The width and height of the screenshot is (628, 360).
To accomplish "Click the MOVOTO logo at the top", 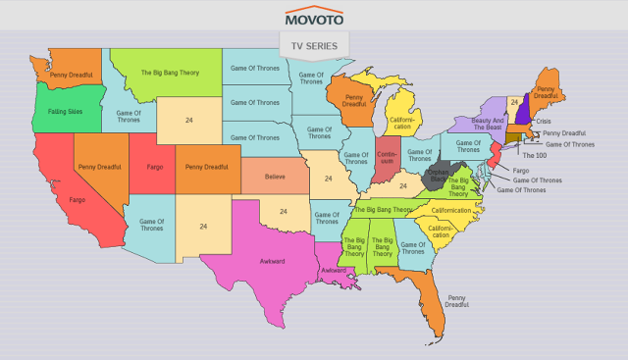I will pos(313,18).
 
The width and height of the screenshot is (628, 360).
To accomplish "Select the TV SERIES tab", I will pos(313,46).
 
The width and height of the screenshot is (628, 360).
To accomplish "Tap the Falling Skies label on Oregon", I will pos(65,113).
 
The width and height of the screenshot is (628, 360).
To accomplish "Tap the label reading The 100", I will pos(535,156).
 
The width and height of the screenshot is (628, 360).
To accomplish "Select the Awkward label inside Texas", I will pos(263,263).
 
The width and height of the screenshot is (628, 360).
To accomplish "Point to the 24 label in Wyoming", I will pos(188,120).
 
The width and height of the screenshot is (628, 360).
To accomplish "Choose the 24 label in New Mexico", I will pos(203,227).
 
